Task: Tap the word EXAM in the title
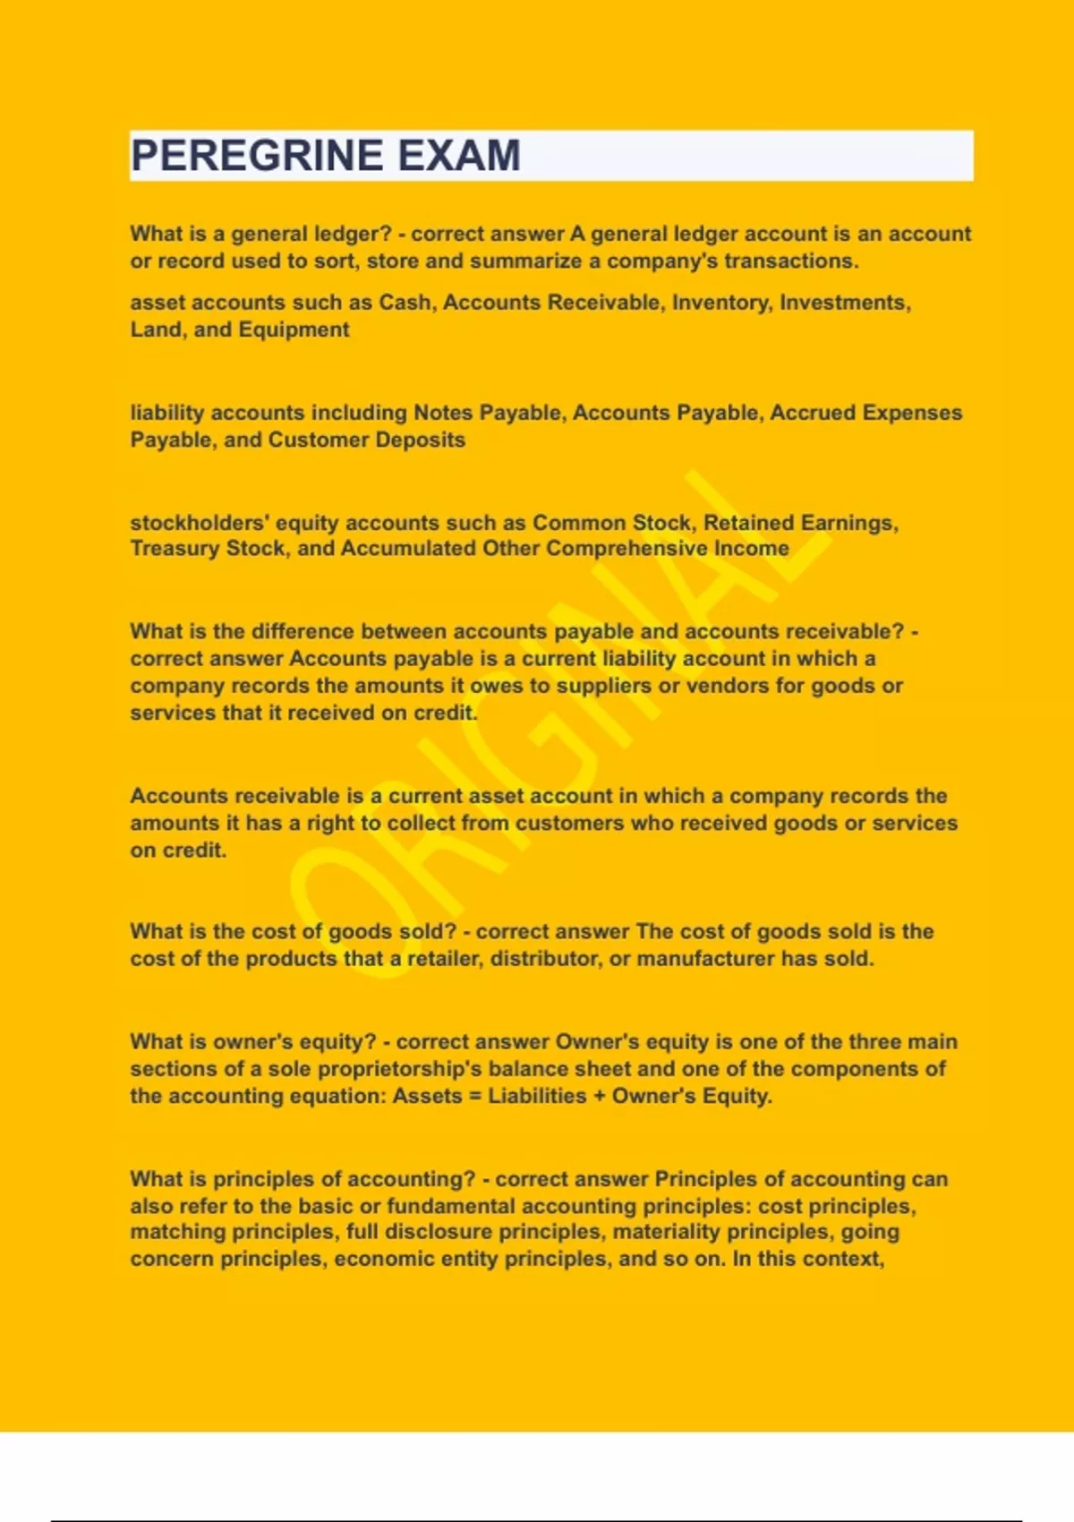click(458, 156)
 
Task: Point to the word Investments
click(844, 303)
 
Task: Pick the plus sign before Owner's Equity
click(599, 1096)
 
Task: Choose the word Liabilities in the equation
click(537, 1096)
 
